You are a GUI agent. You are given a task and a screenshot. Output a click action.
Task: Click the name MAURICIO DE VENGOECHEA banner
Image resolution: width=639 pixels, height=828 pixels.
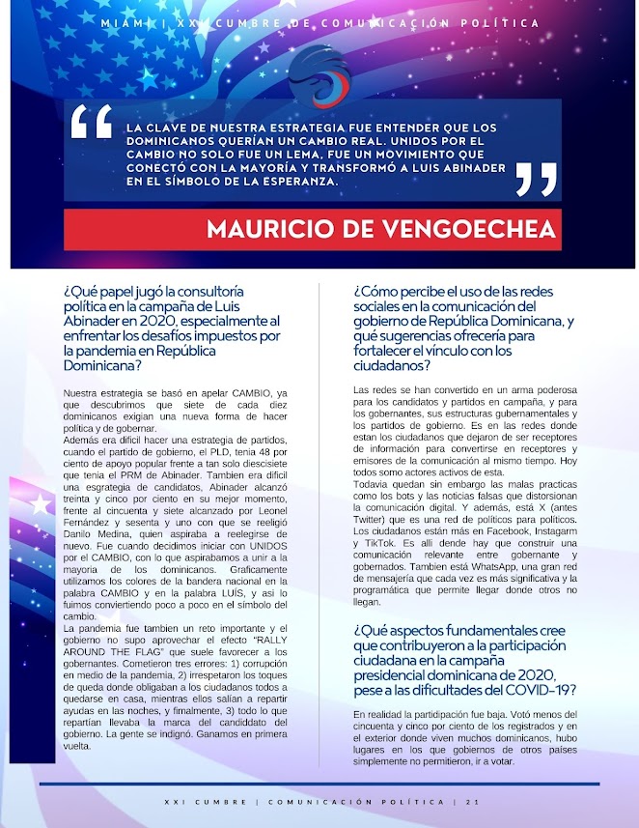[381, 230]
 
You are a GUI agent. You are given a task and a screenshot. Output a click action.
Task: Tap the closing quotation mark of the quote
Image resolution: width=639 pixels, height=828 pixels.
[537, 178]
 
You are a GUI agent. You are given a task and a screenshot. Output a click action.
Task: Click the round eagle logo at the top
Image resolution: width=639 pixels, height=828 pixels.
[319, 74]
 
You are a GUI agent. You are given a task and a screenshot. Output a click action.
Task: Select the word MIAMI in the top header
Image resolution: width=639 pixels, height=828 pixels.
[122, 22]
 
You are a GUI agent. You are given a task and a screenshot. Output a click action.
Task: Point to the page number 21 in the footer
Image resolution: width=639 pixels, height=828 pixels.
[471, 801]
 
